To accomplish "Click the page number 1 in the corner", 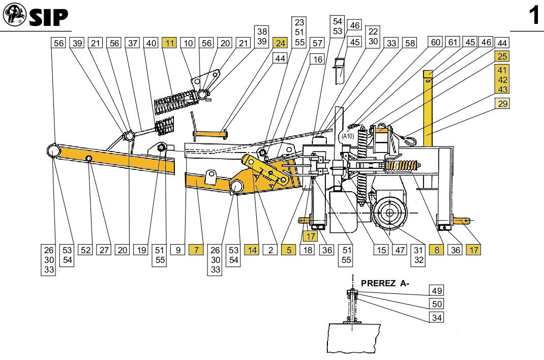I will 533,16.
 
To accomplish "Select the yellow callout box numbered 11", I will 169,43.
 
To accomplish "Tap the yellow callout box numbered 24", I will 280,43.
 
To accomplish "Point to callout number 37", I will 133,43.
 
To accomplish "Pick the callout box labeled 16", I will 318,59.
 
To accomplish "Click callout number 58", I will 409,43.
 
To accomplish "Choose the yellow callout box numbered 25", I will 502,56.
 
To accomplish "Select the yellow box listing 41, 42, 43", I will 502,80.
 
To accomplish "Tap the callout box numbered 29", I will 502,104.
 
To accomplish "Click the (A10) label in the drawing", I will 348,136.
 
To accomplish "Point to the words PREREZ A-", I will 385,283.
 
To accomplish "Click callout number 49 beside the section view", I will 437,291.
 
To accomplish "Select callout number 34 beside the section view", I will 437,318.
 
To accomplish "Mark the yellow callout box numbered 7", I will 196,250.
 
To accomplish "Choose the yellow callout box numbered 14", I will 252,250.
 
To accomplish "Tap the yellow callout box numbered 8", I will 436,250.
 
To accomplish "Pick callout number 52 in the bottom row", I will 85,250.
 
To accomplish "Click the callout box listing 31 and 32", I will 418,255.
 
